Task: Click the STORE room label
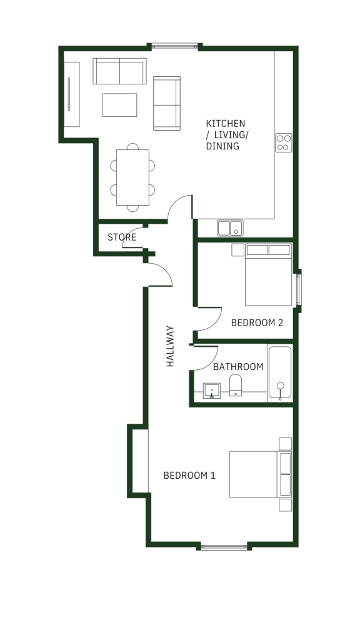click(x=122, y=237)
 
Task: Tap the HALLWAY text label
click(x=170, y=346)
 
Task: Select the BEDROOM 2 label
click(x=257, y=323)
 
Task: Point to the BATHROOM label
click(x=238, y=367)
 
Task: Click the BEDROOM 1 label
click(x=189, y=476)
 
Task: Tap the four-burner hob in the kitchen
click(x=284, y=143)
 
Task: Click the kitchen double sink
click(x=230, y=228)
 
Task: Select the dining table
click(x=132, y=177)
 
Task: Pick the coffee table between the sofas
click(x=119, y=105)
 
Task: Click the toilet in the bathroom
click(x=236, y=385)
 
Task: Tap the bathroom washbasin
click(x=212, y=391)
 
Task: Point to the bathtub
click(x=280, y=372)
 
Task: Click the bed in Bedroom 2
click(x=269, y=275)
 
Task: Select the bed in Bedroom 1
click(x=261, y=474)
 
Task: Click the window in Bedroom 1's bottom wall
click(x=224, y=547)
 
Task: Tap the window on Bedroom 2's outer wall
click(x=298, y=290)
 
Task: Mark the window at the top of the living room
click(x=175, y=46)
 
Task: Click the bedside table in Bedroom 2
click(x=237, y=250)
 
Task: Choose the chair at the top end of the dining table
click(x=132, y=146)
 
